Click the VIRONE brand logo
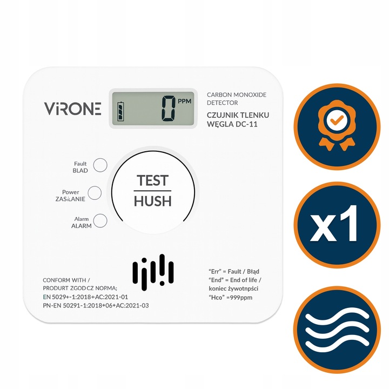tap(73, 109)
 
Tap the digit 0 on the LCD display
tap(169, 109)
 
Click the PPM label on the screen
tap(185, 101)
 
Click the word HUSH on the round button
tap(152, 201)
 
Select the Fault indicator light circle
tap(100, 165)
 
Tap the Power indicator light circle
tap(95, 193)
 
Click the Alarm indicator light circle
tap(100, 221)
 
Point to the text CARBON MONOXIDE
tap(237, 95)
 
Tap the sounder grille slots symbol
tap(153, 272)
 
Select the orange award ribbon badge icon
tap(337, 126)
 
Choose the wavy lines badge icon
tap(337, 330)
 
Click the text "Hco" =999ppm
tap(231, 298)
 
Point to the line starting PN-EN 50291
tap(96, 305)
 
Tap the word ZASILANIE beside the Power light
tap(70, 199)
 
